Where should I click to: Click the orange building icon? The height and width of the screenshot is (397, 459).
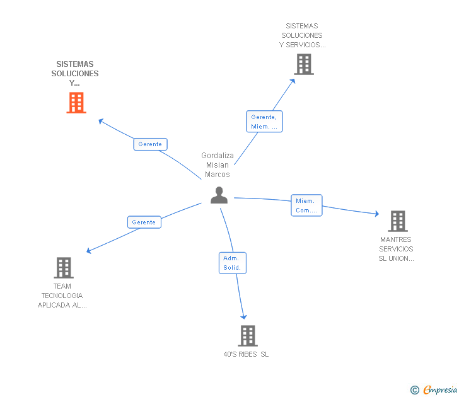(76, 103)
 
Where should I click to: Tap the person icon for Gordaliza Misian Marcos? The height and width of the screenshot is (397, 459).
(219, 195)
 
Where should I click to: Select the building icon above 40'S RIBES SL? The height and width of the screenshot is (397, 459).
(248, 335)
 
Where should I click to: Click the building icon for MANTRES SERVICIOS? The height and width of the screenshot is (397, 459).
(397, 221)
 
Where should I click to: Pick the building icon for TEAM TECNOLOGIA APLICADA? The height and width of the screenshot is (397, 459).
(63, 268)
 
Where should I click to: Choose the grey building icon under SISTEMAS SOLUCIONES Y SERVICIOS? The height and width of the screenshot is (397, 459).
(303, 64)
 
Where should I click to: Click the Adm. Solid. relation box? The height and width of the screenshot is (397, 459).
(232, 263)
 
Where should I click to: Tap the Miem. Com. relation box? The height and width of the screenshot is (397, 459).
(306, 205)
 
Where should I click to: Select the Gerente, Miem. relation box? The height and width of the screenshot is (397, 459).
(264, 121)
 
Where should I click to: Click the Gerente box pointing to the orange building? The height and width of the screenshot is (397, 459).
(150, 144)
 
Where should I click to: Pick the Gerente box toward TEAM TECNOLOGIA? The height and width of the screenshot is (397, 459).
(144, 222)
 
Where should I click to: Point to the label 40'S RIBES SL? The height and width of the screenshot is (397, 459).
(246, 354)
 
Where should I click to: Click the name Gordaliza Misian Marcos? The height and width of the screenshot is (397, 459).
(218, 165)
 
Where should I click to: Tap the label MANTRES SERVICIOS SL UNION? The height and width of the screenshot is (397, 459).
(396, 249)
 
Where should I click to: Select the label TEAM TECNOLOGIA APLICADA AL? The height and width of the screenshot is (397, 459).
(62, 296)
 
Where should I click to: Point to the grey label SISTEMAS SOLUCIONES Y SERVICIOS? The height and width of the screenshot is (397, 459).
(303, 35)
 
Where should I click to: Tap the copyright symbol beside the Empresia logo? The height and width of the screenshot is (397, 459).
(414, 390)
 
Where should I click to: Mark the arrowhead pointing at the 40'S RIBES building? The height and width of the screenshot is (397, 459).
(243, 317)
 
